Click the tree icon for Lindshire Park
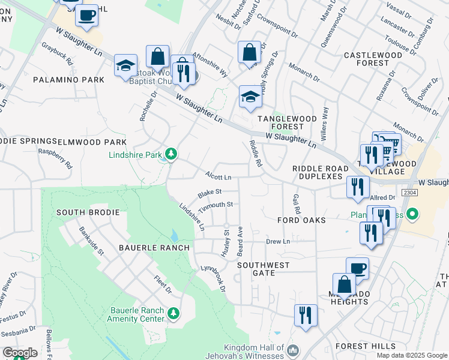(x=172, y=155)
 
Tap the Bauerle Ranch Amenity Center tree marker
(x=173, y=314)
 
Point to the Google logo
(x=20, y=353)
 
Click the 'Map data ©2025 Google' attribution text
(x=411, y=355)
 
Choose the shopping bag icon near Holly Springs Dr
(x=249, y=52)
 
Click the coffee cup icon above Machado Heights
(x=358, y=268)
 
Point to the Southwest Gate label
(x=263, y=268)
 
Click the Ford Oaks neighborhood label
(x=301, y=220)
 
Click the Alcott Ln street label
(x=218, y=178)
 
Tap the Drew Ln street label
(x=278, y=241)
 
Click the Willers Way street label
(x=325, y=119)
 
